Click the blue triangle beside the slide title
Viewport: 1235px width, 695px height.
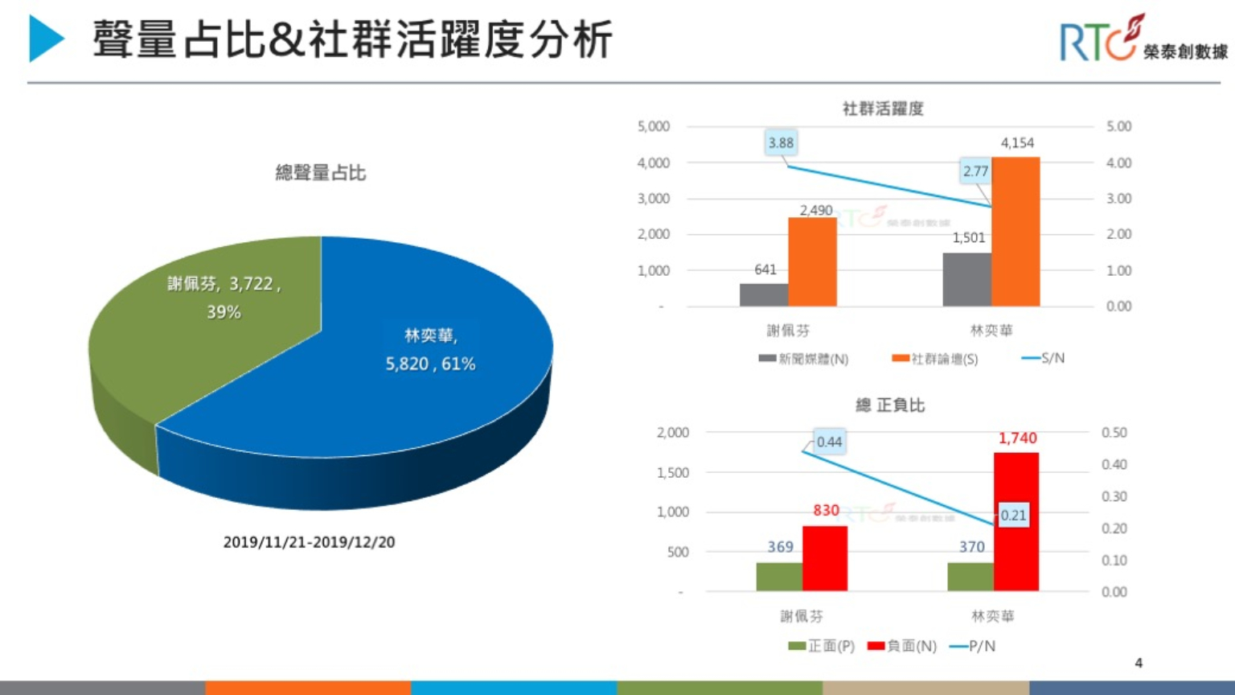click(x=45, y=39)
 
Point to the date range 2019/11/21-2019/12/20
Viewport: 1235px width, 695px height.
click(x=309, y=542)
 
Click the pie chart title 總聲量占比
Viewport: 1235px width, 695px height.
click(x=320, y=173)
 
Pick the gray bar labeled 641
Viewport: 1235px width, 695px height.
click(x=764, y=294)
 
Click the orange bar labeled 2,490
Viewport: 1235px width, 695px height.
click(x=812, y=261)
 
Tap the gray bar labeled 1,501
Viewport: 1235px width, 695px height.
click(x=966, y=279)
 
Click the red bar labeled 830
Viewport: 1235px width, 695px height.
click(x=825, y=558)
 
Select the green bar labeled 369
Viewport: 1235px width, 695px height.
click(x=779, y=577)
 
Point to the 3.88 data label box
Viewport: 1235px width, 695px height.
click(x=780, y=143)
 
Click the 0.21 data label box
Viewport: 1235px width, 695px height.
click(x=1013, y=515)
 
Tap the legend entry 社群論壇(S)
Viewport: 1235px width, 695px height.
click(x=935, y=359)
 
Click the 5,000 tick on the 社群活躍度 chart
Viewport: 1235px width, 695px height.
click(x=653, y=126)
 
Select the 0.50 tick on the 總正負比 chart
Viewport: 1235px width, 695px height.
click(x=1114, y=433)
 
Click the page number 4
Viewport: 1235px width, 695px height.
click(x=1138, y=663)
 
